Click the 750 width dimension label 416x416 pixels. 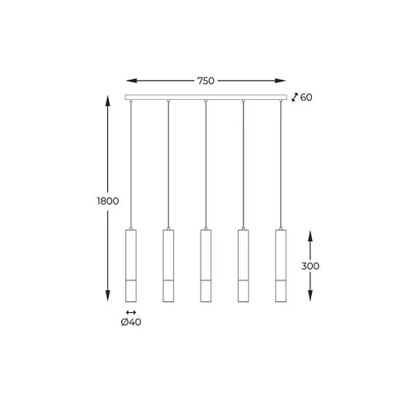click(206, 80)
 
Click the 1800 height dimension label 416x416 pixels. click(108, 201)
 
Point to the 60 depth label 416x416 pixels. click(306, 97)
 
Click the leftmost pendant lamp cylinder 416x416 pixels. click(131, 266)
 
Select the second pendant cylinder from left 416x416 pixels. click(168, 266)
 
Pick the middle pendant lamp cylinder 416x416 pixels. click(206, 266)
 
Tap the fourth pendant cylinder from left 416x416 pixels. click(243, 266)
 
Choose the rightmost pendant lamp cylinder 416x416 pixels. click(281, 266)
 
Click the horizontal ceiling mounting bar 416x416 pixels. click(206, 97)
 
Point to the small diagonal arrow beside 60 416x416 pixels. click(294, 97)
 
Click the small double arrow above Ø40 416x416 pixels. click(132, 313)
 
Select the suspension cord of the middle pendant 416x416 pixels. click(206, 162)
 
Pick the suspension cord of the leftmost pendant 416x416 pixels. click(131, 162)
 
